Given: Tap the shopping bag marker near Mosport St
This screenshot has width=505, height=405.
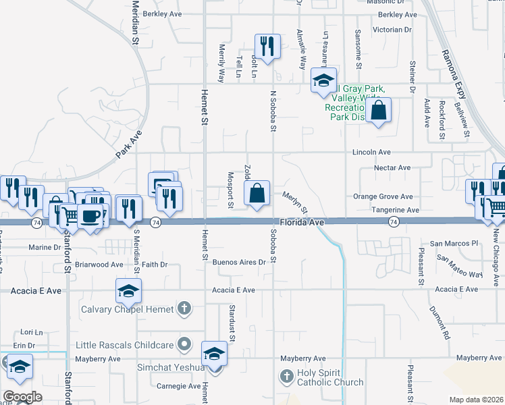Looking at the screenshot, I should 257,193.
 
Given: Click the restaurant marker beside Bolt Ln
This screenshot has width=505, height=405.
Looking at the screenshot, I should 267,46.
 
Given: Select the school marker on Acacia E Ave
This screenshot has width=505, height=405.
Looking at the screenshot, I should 128,291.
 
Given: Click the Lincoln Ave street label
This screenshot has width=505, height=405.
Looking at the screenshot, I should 371,153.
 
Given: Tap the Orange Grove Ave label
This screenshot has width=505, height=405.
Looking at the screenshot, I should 383,196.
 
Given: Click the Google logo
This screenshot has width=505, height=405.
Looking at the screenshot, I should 22,396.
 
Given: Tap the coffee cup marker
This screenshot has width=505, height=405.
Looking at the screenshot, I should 90,216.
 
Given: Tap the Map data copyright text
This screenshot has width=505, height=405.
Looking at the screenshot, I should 476,400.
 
